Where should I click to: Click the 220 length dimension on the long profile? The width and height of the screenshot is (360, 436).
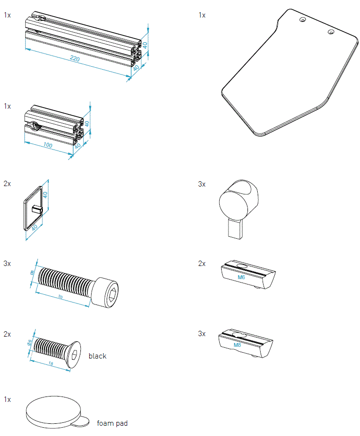tap(75, 59)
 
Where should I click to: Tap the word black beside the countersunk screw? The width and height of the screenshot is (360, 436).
tap(97, 356)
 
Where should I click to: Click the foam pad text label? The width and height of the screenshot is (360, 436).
tap(112, 423)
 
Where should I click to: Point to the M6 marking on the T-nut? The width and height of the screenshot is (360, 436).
tap(241, 277)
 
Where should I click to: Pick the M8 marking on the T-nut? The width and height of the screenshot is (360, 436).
tap(237, 345)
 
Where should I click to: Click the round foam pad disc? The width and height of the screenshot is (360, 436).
tap(51, 410)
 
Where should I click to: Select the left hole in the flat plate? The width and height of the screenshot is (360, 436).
tap(303, 20)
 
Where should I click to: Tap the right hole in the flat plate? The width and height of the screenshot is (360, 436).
tap(331, 32)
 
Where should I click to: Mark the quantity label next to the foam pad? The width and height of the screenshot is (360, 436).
tap(7, 399)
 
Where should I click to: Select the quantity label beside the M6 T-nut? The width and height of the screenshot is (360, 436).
tap(202, 264)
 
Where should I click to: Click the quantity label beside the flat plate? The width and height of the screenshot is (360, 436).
tap(202, 15)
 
